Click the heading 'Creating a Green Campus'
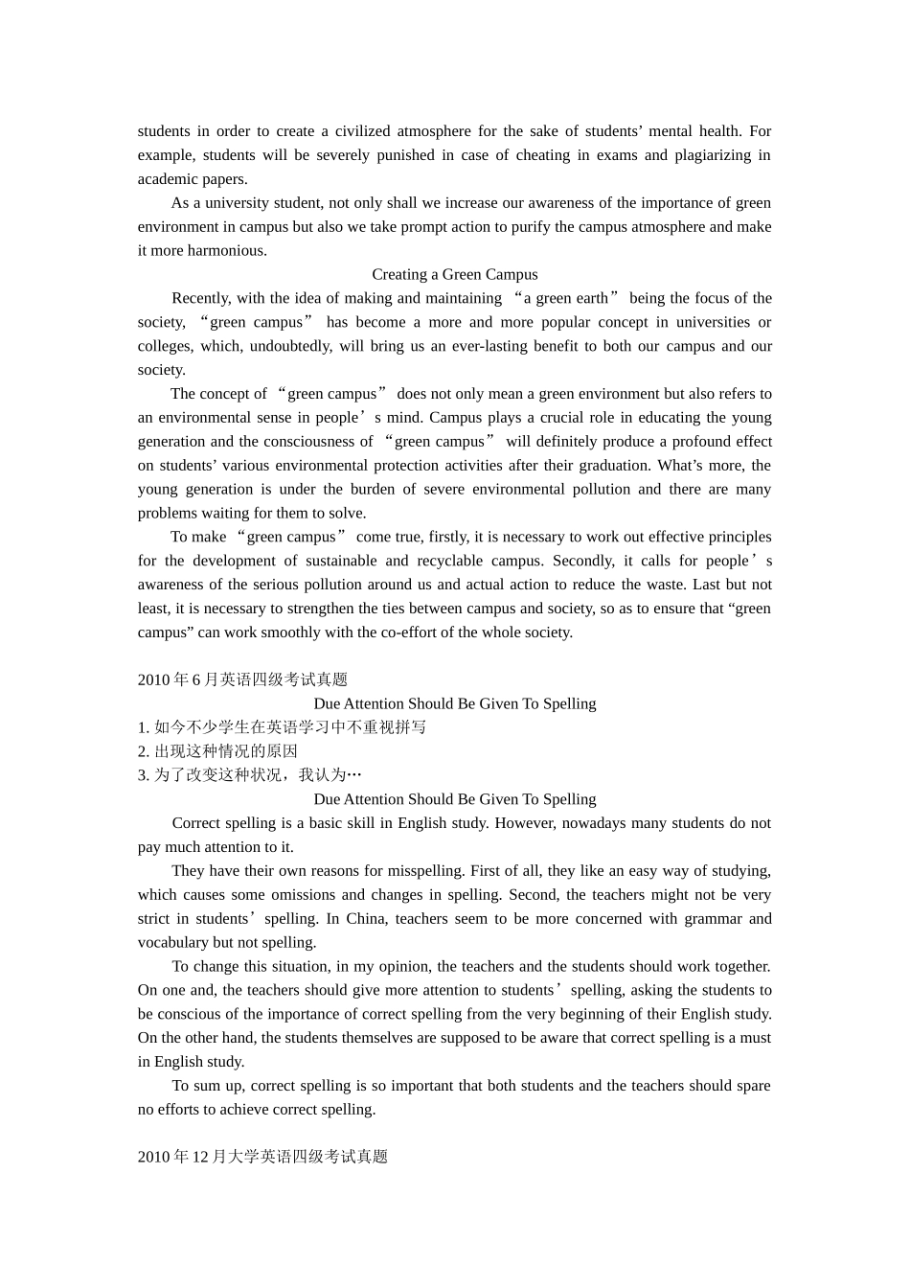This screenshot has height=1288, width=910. [x=455, y=275]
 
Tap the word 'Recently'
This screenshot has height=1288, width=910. [x=200, y=299]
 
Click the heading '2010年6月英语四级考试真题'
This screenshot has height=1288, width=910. [x=242, y=679]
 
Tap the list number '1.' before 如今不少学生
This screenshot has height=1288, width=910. [x=144, y=727]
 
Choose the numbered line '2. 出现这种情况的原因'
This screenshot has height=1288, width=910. [x=217, y=751]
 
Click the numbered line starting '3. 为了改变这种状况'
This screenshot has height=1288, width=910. [x=250, y=775]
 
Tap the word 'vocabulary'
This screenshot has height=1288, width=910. [x=172, y=943]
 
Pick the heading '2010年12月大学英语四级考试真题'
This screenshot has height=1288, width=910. [x=262, y=1157]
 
